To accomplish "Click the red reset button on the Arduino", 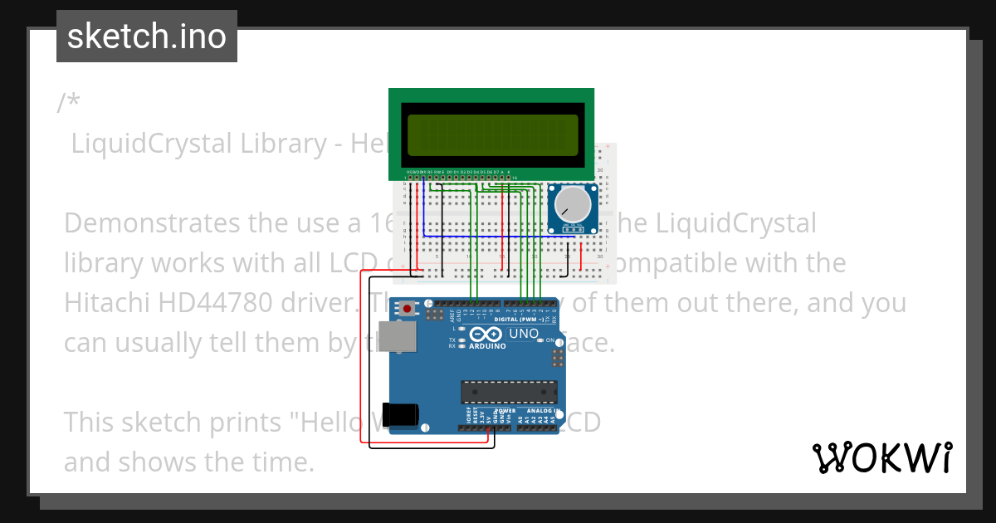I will (408, 308).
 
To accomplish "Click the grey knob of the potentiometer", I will (571, 204).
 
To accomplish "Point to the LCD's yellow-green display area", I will (492, 138).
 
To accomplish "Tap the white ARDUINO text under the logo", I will (487, 346).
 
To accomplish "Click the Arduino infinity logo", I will (487, 334).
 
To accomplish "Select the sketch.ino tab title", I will (146, 37).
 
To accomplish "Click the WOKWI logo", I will (882, 457).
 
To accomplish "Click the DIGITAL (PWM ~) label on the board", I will (519, 319).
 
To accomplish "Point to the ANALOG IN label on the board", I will (545, 411).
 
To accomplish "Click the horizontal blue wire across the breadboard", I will (498, 236).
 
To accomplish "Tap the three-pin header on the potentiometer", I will (571, 227).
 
